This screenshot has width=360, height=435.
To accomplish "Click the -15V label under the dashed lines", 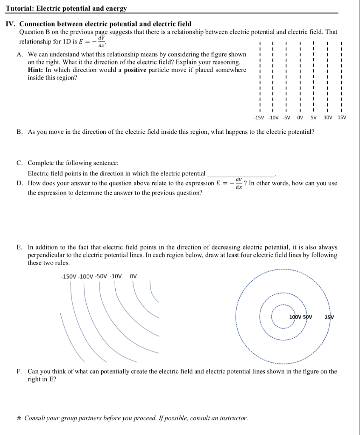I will [258, 117].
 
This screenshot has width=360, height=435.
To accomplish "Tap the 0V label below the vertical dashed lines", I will [300, 117].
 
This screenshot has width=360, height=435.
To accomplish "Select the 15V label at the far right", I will [342, 117].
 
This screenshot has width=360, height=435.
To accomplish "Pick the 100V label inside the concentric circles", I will [295, 317].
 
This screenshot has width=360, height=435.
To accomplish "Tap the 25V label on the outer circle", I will [329, 317].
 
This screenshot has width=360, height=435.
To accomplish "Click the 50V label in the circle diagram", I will [307, 317].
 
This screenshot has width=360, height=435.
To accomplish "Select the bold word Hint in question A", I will [36, 70].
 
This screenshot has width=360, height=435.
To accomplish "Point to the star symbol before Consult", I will [20, 418].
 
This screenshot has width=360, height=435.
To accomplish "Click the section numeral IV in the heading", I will [10, 24].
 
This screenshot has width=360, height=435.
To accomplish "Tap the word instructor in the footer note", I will [232, 418].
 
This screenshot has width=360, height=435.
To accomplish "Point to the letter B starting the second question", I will [20, 132].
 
